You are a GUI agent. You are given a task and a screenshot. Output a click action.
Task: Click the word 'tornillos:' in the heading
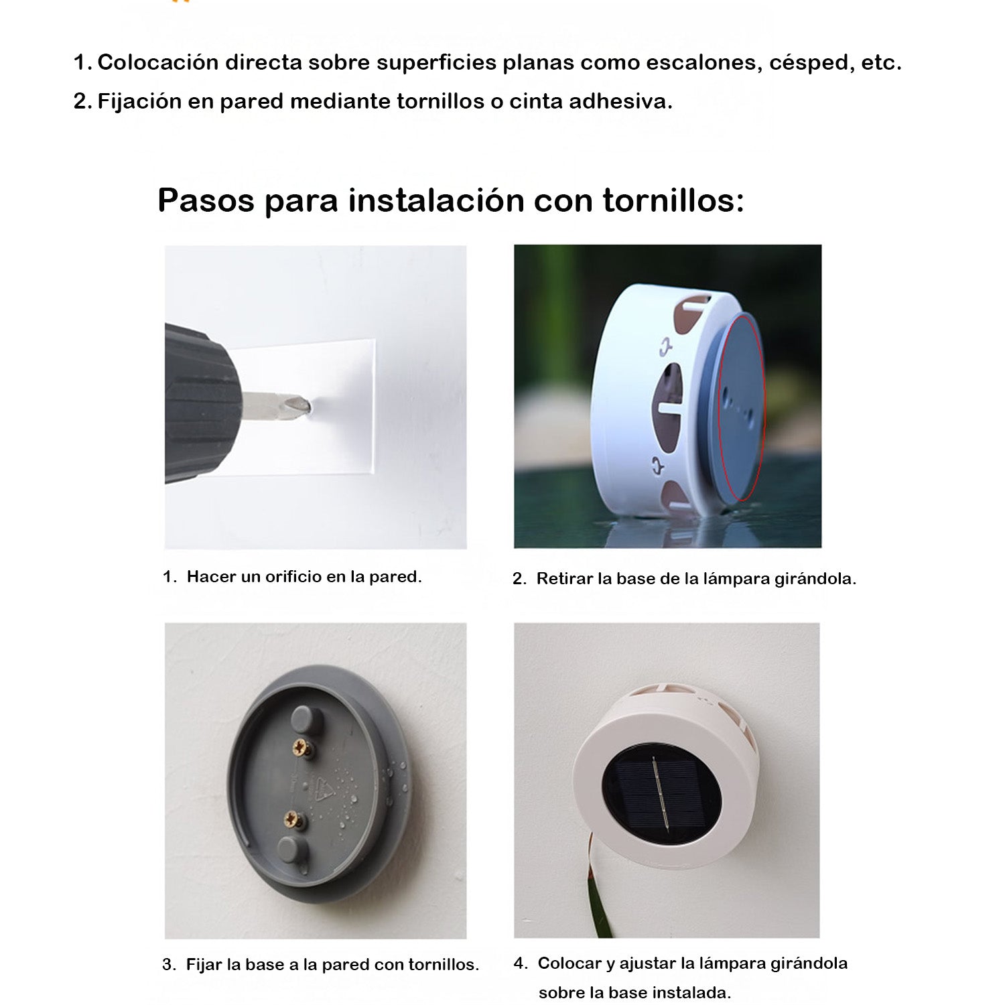(x=673, y=200)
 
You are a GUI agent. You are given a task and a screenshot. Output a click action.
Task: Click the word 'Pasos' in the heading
(x=206, y=200)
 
